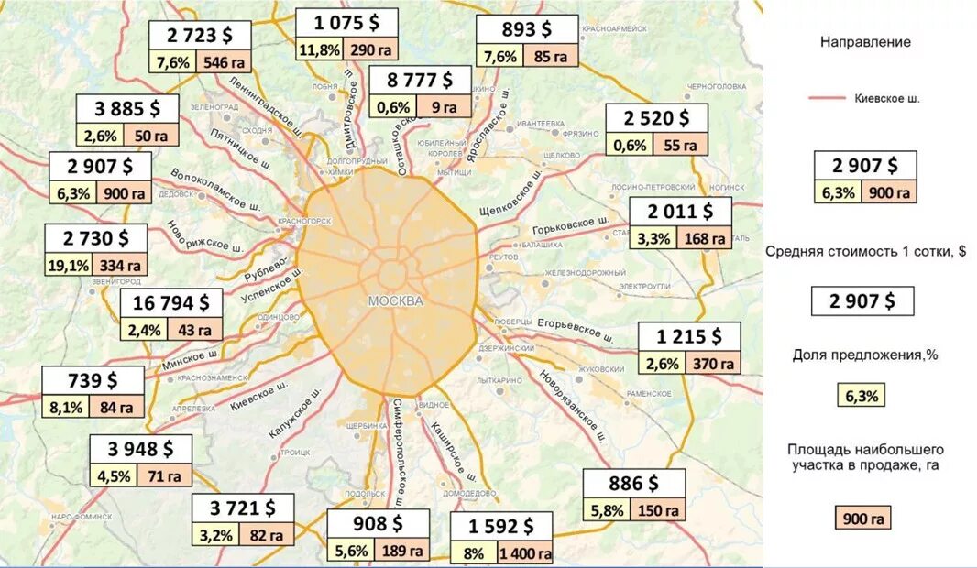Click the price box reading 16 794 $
click(x=171, y=303)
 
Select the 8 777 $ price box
click(x=419, y=81)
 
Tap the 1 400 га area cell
click(x=525, y=553)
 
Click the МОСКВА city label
click(x=395, y=301)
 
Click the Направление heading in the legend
click(x=865, y=41)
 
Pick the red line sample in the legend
click(x=828, y=97)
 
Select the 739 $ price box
click(x=93, y=380)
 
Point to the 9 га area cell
click(x=445, y=107)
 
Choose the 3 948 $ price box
click(x=140, y=449)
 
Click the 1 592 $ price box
click(x=500, y=527)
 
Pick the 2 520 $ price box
click(x=656, y=117)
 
